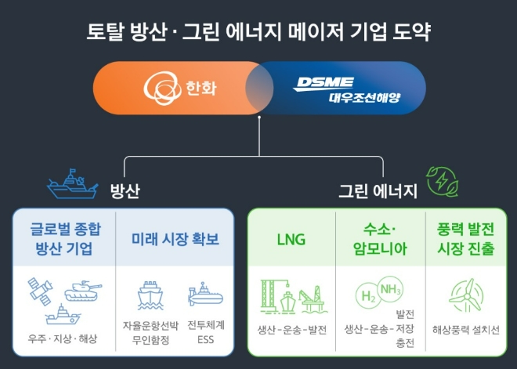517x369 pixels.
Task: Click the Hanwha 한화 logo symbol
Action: point(159,89)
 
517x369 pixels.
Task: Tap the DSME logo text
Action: point(324,82)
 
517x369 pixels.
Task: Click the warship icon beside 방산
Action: point(71,185)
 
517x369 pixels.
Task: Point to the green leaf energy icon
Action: point(441,182)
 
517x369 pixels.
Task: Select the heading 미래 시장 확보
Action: point(175,239)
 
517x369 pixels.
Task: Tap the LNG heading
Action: point(291,239)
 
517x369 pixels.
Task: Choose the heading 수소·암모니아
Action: point(379,240)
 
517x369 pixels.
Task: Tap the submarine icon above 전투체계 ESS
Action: point(205,296)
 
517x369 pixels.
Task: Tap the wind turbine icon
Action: point(465,295)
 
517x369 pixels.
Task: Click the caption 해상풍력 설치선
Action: point(465,329)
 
